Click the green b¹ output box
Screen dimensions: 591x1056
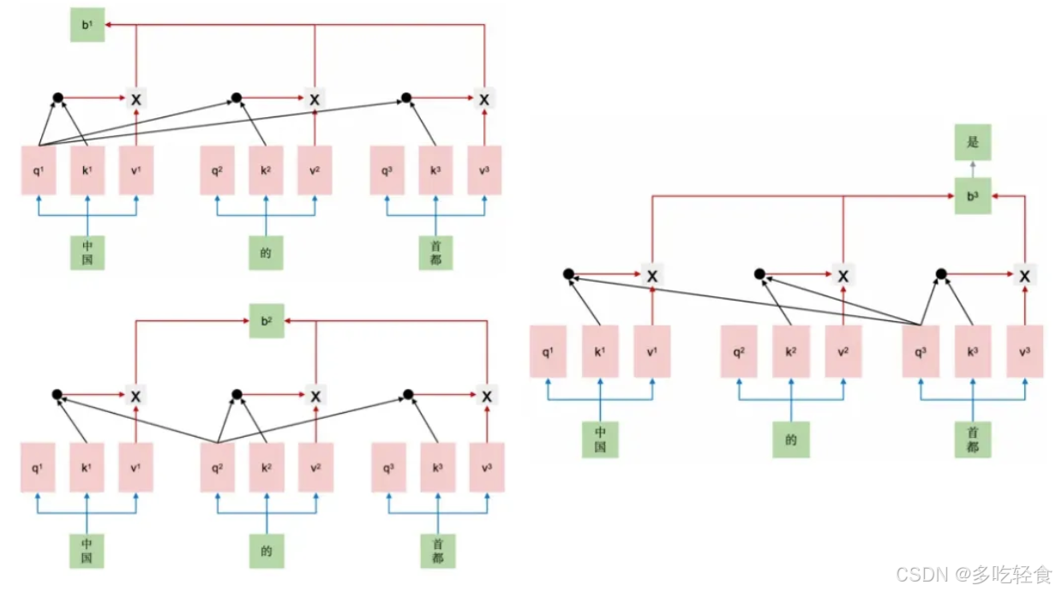[87, 25]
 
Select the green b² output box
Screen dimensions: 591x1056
[266, 321]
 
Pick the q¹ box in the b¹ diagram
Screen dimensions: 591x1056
[39, 170]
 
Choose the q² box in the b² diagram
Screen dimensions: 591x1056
[217, 468]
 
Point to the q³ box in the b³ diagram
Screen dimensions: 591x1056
[921, 351]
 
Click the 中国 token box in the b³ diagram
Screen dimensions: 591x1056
[600, 439]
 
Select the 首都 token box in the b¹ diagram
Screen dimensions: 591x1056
[436, 253]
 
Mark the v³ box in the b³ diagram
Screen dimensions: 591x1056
[1025, 351]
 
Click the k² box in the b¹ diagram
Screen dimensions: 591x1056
[266, 170]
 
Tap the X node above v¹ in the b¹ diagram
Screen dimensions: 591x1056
[135, 99]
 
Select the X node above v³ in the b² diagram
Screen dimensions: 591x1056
[486, 396]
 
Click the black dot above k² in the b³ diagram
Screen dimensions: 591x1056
[759, 275]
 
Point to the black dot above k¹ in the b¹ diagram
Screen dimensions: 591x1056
[58, 98]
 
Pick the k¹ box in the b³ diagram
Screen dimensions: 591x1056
[600, 351]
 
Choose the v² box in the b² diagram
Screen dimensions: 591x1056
[315, 468]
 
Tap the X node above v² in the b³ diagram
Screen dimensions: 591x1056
[843, 276]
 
